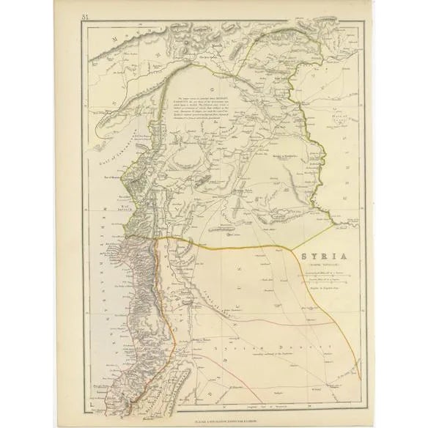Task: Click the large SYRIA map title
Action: (313, 257)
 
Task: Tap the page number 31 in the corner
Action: (85, 16)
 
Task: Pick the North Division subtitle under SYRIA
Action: (313, 267)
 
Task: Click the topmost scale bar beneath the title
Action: (313, 274)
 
